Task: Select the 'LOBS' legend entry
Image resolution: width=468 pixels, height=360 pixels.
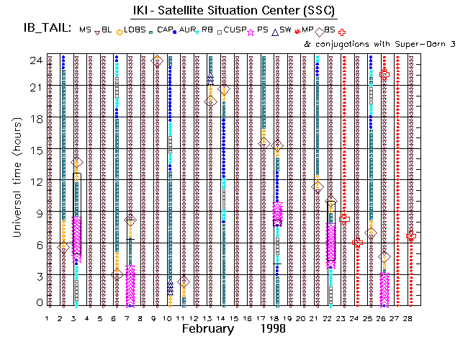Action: pos(135,30)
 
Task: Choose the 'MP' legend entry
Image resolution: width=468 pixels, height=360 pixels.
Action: pos(306,30)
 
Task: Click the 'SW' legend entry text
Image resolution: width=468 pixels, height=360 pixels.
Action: pos(284,30)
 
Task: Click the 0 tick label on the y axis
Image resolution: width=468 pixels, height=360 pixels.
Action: pos(40,303)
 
